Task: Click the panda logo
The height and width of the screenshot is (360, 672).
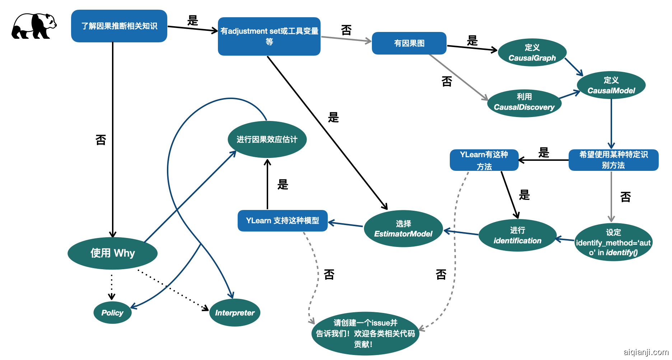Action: coord(34,26)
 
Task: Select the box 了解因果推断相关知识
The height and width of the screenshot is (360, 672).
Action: coord(119,26)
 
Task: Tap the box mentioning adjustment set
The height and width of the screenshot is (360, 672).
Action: coord(269,36)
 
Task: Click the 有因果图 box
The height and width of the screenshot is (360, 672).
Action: coord(409,43)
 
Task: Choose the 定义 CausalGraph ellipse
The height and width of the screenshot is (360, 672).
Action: coord(532,52)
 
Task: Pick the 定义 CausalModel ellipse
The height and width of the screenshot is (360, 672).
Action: coord(611,85)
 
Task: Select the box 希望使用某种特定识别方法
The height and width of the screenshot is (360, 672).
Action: coord(613,160)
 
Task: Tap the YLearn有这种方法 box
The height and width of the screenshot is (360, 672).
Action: coord(484,160)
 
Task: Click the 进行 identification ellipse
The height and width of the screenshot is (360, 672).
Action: coord(517,235)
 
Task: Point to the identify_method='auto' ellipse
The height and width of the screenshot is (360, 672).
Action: coord(613,242)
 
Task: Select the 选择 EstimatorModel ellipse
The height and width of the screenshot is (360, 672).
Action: coord(403,229)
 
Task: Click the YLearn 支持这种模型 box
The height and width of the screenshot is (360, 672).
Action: coord(283,220)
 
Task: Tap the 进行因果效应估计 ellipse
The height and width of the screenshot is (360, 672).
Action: coord(267,139)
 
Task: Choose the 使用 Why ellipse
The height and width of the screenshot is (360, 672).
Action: coord(112,253)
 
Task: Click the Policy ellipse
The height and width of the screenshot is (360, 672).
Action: coord(112,313)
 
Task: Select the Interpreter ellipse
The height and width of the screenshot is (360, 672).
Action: coord(234,313)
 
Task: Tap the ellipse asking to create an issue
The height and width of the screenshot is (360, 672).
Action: coord(365,333)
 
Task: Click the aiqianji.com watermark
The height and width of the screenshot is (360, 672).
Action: coord(646,352)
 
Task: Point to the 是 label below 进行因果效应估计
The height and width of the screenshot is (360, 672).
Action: coord(283,184)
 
